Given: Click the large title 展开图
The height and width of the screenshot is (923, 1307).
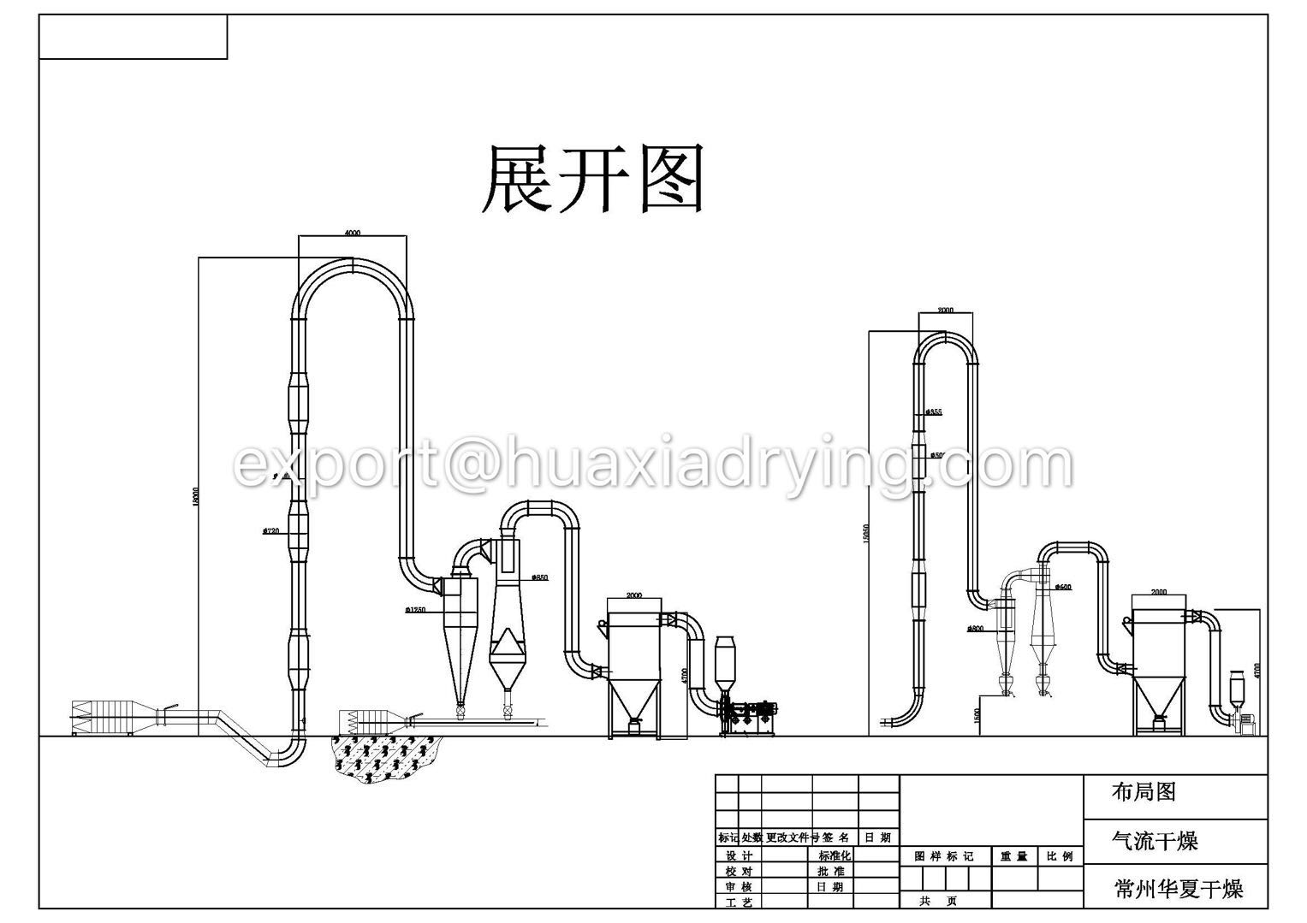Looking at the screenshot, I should tap(593, 179).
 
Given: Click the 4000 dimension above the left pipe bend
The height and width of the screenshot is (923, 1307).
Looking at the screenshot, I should tap(352, 233).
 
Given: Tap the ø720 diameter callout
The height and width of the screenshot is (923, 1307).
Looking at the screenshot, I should tap(271, 531).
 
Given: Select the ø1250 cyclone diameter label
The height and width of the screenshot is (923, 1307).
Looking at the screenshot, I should tap(416, 610).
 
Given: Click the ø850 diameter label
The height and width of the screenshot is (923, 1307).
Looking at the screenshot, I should tap(539, 577).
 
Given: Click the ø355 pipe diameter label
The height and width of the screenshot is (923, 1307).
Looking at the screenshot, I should tap(934, 412).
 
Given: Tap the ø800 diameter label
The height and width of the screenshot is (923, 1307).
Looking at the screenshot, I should tap(975, 629).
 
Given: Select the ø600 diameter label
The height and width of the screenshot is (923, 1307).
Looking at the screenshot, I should tap(1062, 588).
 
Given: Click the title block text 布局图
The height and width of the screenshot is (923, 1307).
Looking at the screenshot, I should tap(1143, 792).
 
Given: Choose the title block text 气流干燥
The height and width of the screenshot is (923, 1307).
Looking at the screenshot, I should tap(1155, 841).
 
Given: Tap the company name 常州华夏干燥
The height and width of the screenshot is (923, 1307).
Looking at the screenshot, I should tap(1178, 889).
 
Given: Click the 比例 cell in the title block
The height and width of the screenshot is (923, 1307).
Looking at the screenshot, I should tap(1059, 856).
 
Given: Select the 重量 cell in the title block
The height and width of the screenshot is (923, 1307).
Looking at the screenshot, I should tap(1013, 856).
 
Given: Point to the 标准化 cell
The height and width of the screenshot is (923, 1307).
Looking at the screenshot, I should tap(835, 855).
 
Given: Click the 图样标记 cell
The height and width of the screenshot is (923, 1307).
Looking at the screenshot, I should tap(944, 856).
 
